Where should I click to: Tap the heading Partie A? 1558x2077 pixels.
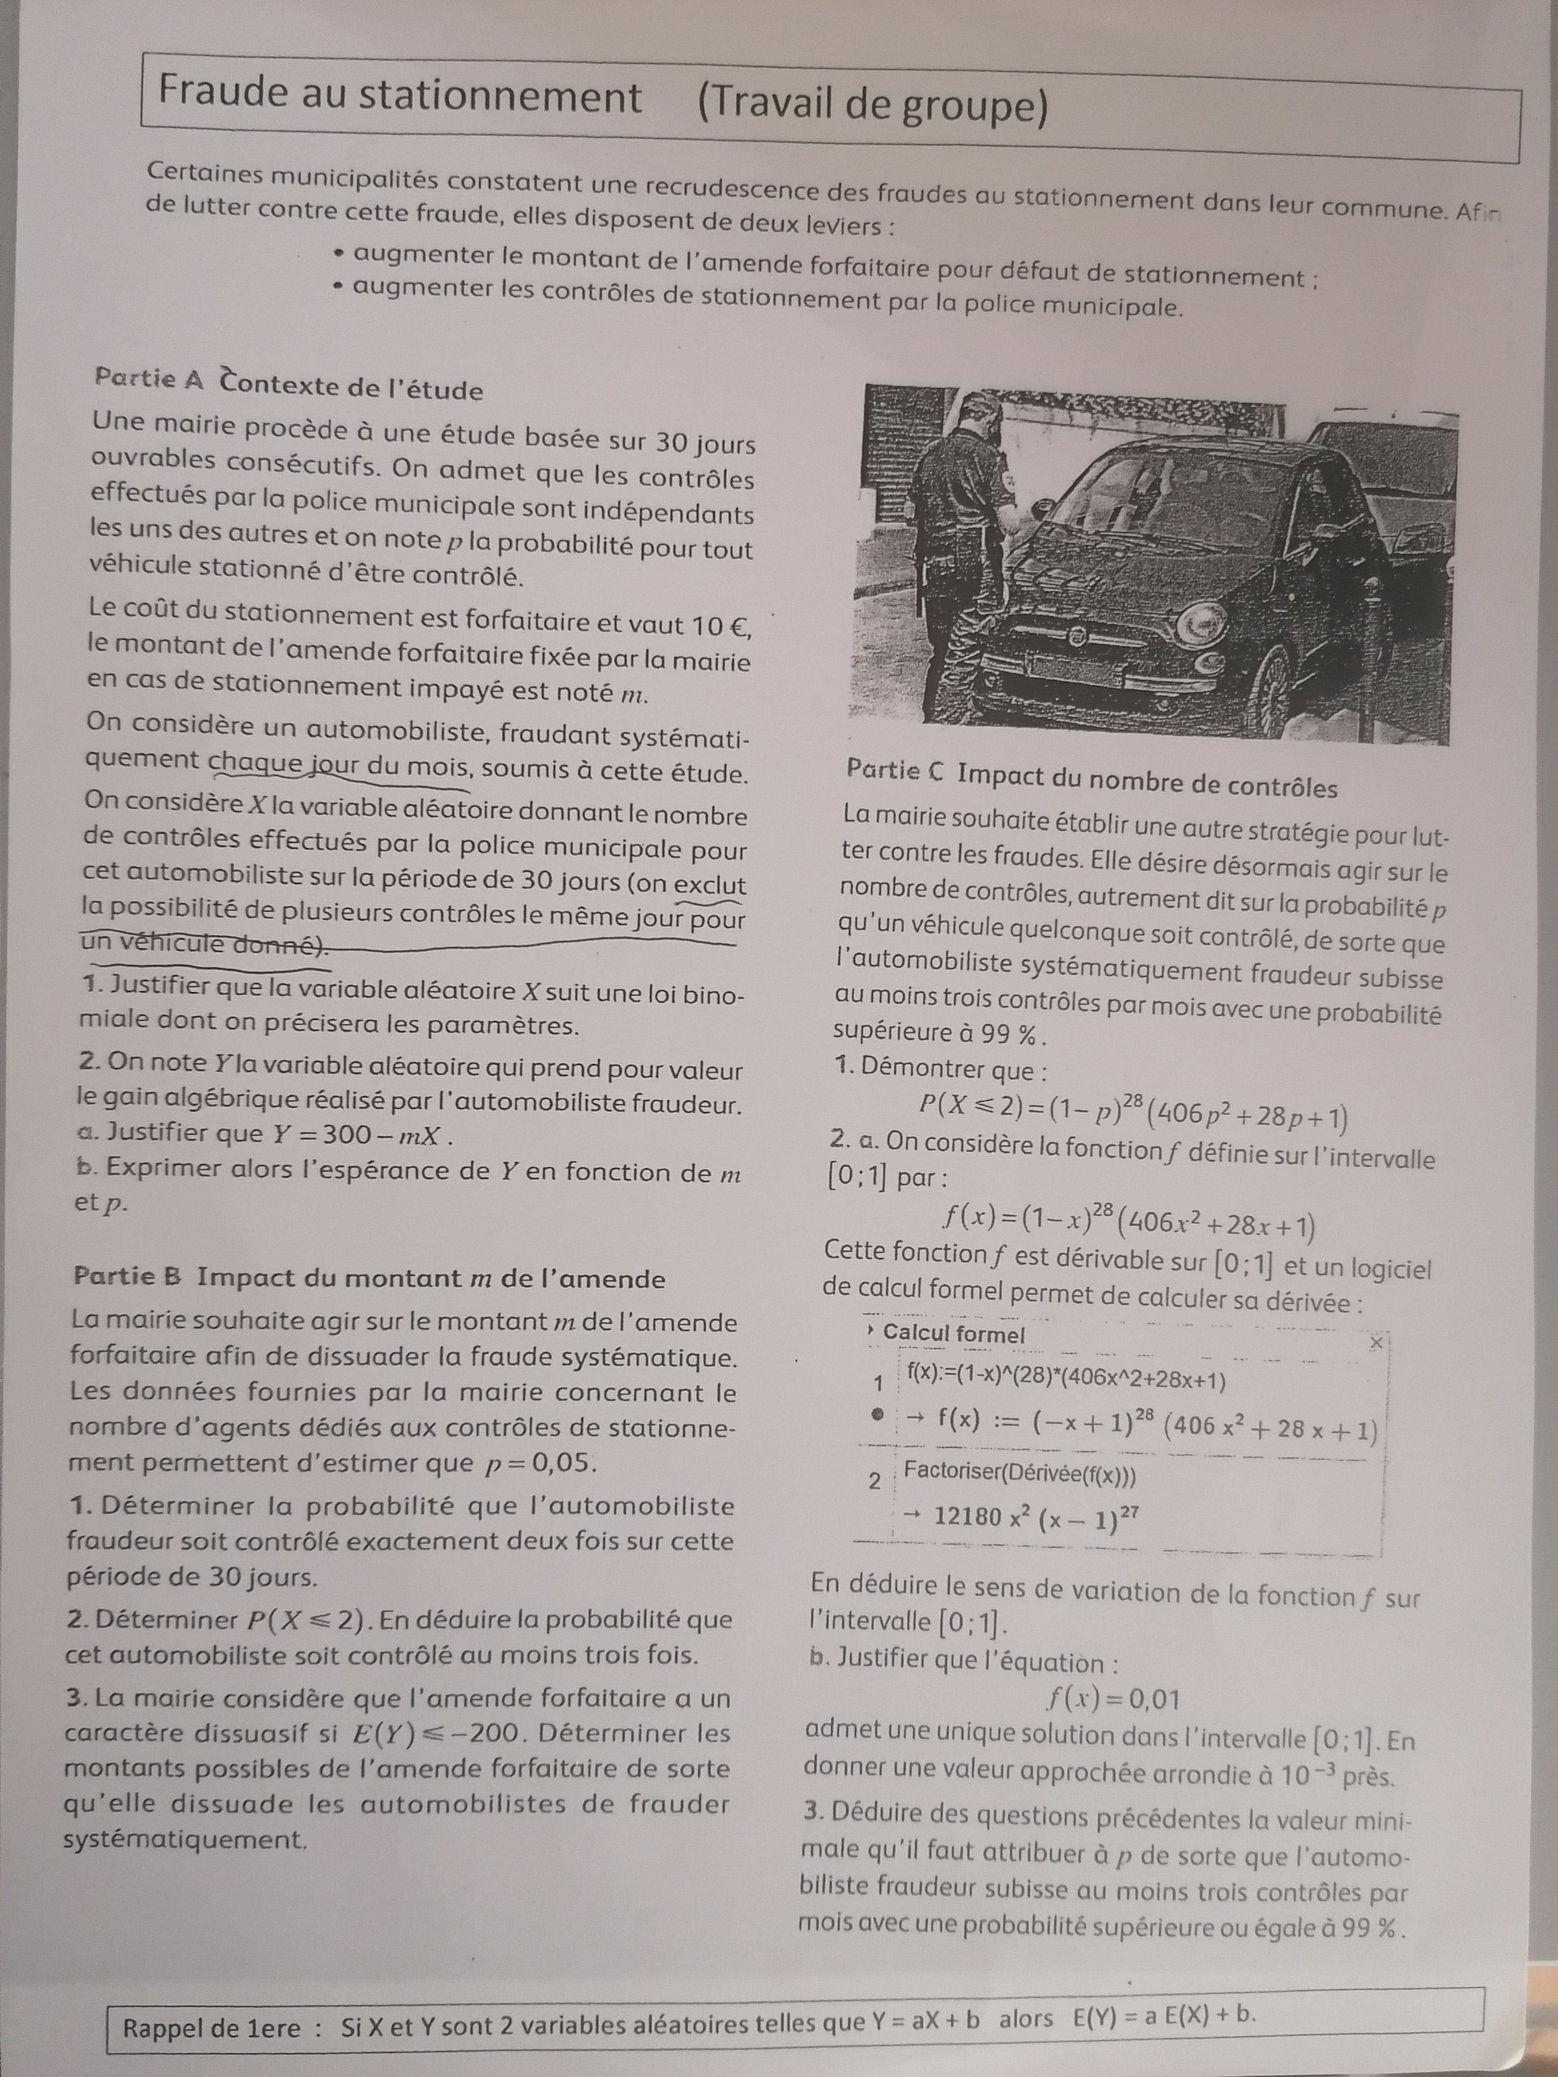point(150,379)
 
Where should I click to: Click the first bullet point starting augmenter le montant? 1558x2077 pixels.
point(826,266)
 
